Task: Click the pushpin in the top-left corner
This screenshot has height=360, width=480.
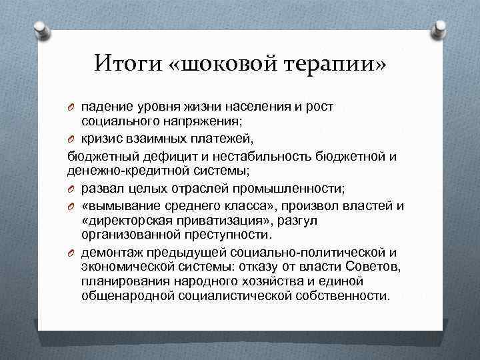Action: tap(39, 28)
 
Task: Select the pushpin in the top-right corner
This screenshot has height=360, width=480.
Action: tap(440, 28)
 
